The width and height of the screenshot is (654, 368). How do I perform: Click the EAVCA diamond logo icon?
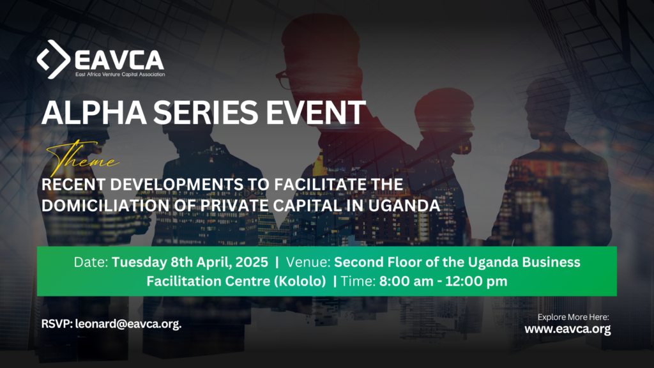(x=54, y=59)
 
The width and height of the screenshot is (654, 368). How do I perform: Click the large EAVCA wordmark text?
(x=119, y=60)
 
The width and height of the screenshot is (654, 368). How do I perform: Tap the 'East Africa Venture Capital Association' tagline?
(x=119, y=75)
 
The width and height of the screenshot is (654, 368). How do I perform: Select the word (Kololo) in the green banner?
(x=298, y=281)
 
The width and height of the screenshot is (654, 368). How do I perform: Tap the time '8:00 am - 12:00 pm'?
(x=445, y=281)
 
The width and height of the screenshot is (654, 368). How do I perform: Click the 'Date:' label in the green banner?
(x=91, y=263)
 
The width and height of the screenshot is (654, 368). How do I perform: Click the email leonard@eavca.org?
(x=128, y=324)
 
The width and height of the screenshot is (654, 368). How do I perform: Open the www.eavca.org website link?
(x=568, y=330)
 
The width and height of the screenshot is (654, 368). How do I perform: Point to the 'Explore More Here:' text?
(x=573, y=317)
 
